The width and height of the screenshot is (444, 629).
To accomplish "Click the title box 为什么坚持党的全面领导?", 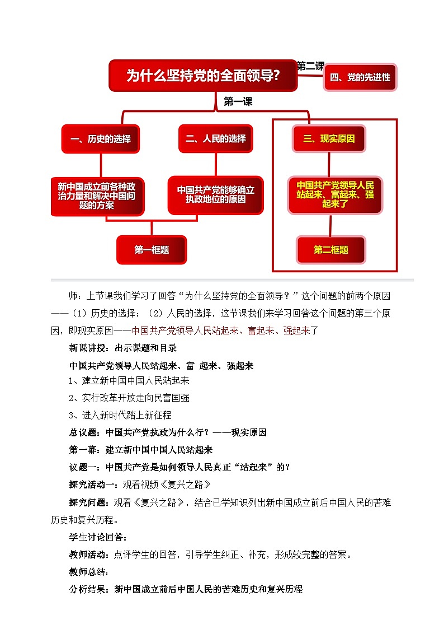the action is (202, 76).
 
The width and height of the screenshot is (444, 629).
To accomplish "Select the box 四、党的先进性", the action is (360, 77).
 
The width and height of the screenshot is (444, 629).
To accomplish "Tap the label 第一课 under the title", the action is (238, 101).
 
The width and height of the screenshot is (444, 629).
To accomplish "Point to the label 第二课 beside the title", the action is (310, 66).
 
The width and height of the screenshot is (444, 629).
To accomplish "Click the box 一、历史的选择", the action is (101, 139).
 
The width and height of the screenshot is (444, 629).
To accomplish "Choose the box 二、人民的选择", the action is (215, 138).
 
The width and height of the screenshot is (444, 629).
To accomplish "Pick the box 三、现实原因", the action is (329, 139).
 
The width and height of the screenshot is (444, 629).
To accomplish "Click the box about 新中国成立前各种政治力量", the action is (97, 195).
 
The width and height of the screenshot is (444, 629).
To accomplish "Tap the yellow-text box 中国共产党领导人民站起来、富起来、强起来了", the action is (335, 194).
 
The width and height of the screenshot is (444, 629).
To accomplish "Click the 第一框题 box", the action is (152, 250).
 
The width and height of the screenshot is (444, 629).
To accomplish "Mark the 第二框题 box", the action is (331, 250).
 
